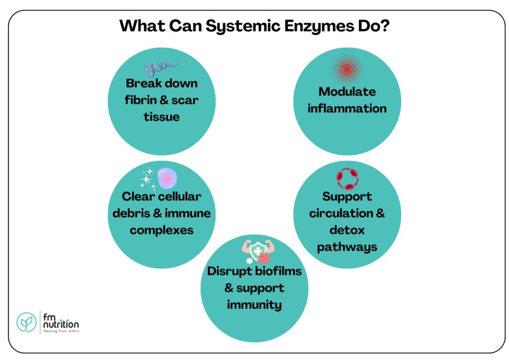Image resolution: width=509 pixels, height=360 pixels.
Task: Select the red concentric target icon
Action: (x=347, y=70)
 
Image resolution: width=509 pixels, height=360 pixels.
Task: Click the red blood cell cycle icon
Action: (x=346, y=179)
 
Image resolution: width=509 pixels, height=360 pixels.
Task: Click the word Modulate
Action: (x=347, y=91)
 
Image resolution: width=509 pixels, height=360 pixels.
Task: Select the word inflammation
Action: (x=347, y=108)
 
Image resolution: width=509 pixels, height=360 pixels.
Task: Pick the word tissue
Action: (x=162, y=117)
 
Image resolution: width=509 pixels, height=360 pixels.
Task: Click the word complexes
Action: (x=162, y=230)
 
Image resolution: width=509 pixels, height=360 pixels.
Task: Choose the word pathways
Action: (x=347, y=247)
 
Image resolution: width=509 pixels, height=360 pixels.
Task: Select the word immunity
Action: (x=254, y=304)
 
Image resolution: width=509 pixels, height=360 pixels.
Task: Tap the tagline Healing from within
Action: (x=61, y=330)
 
